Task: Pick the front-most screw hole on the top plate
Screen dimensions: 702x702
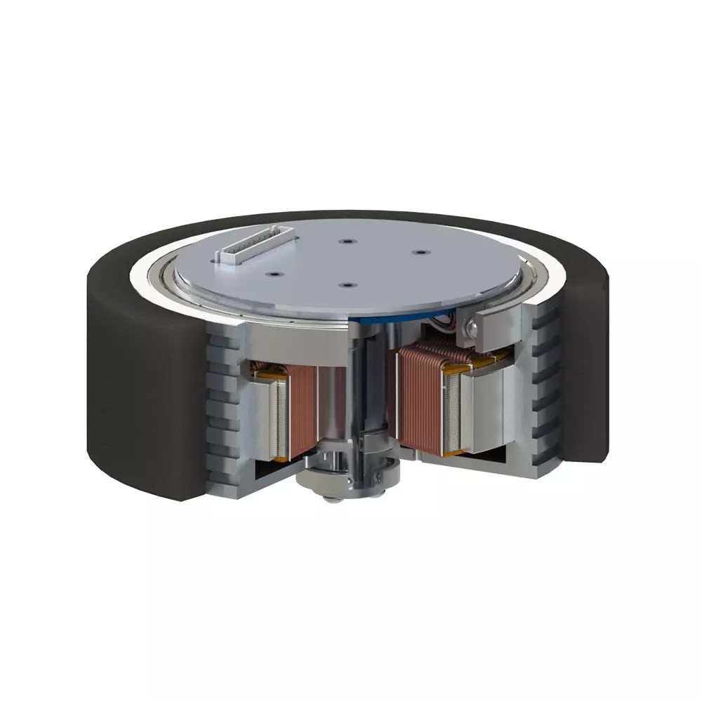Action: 346,286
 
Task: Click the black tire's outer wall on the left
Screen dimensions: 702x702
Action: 140,393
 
